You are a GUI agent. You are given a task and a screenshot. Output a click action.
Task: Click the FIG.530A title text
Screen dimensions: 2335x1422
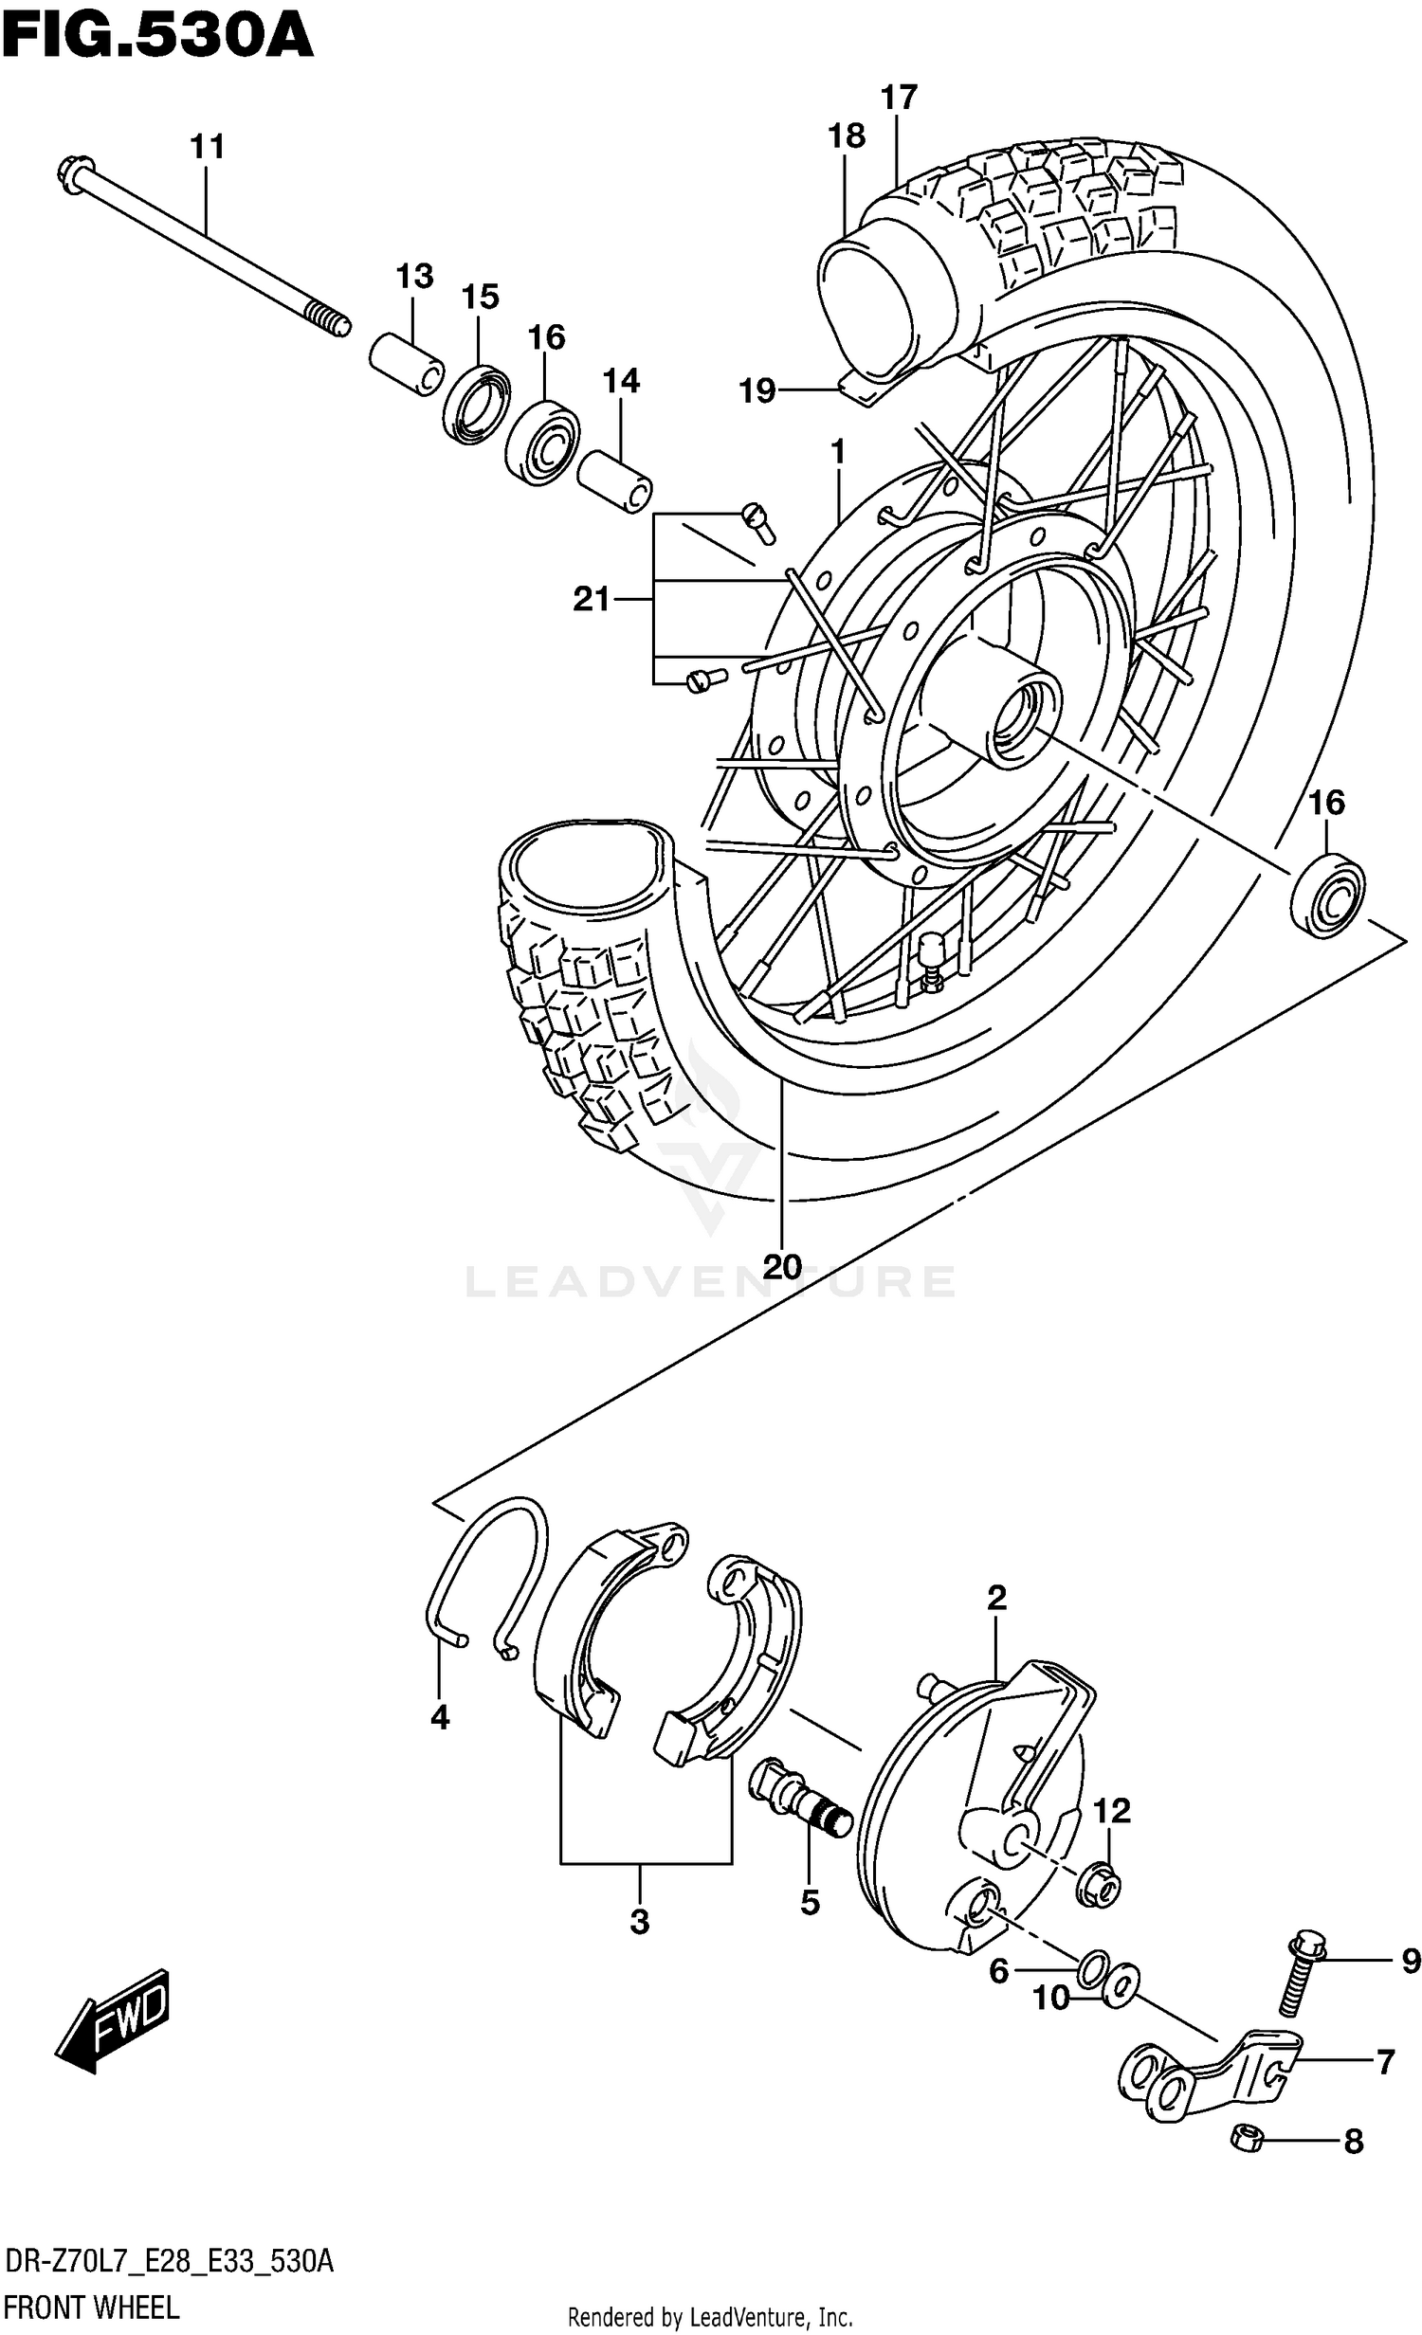[156, 38]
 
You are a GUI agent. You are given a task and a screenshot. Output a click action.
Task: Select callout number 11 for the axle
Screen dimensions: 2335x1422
[207, 148]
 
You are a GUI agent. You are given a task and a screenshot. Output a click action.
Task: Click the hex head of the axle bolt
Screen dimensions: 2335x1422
[73, 176]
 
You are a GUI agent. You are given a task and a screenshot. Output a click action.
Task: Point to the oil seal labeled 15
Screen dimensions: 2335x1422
[476, 405]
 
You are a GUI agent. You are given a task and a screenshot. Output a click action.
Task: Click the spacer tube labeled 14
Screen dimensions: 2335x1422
[614, 482]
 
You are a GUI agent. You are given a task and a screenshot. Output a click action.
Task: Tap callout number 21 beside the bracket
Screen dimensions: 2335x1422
[591, 599]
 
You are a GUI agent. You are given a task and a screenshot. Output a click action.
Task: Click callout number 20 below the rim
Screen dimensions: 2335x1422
[782, 1266]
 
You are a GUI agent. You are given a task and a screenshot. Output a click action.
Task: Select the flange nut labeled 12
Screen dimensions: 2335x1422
[1098, 1892]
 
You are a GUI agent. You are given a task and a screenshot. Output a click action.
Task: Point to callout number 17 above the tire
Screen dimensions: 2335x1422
[899, 98]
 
